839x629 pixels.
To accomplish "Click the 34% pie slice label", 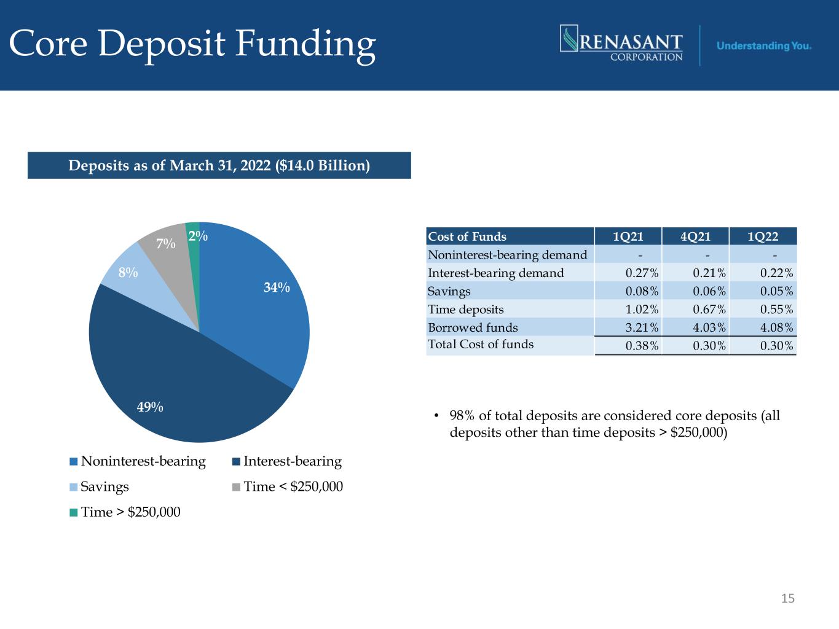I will point(277,287).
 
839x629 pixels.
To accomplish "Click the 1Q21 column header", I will point(628,236).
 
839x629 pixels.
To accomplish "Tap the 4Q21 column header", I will point(695,236).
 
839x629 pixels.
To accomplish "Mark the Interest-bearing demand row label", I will point(495,273).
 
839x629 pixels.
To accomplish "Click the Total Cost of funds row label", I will point(481,344).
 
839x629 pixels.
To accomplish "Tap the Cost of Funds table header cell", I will point(467,236).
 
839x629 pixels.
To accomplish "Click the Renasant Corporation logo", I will point(621,43).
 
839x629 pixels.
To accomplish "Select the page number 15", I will point(787,598).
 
